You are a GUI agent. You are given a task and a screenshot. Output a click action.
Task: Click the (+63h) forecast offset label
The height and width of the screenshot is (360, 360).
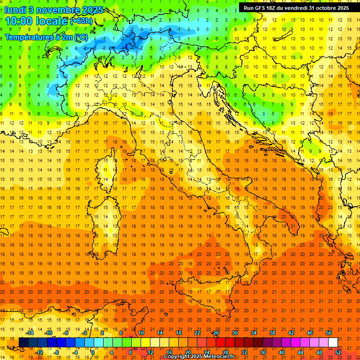[x=81, y=21]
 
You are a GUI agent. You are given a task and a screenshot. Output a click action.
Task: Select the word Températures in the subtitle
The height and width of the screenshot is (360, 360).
[x=28, y=37]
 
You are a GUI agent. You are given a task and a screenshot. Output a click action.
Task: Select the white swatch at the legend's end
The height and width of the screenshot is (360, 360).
[x=333, y=343]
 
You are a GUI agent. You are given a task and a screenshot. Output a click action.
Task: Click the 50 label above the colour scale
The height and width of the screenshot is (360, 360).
[x=329, y=333]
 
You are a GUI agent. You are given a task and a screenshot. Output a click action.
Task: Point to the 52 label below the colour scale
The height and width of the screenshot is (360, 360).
[x=338, y=352]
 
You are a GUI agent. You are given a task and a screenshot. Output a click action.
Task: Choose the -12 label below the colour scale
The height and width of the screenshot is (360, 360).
[x=39, y=352]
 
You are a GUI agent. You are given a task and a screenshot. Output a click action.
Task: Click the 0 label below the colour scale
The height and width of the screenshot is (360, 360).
[x=93, y=352]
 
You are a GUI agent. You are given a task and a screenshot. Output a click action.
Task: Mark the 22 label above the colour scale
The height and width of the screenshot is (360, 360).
[x=197, y=333]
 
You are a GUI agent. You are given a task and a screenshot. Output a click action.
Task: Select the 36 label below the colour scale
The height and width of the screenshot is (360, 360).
[x=263, y=352]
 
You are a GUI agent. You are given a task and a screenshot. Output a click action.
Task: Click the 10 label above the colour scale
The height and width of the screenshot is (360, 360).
[x=141, y=333]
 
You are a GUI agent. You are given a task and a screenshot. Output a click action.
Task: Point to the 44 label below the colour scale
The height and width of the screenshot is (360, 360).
[x=300, y=352]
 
